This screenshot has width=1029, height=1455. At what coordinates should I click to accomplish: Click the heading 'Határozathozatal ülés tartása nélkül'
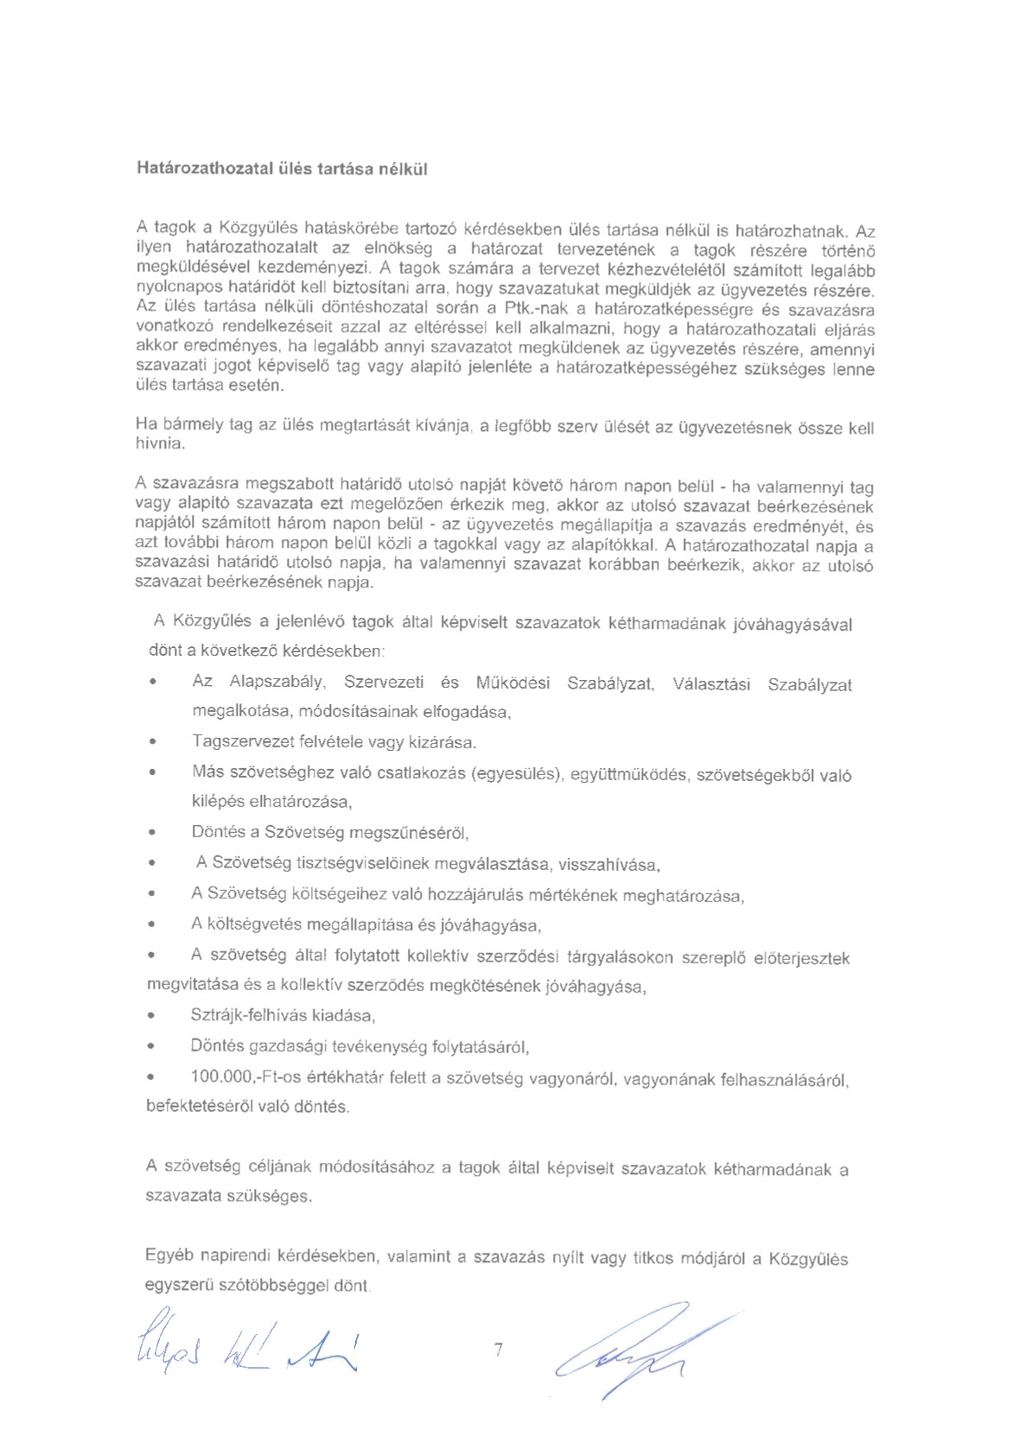pyautogui.click(x=282, y=168)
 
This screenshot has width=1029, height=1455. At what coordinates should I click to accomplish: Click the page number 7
pyautogui.click(x=499, y=1349)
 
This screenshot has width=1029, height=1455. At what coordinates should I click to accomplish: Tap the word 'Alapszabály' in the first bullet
pyautogui.click(x=277, y=682)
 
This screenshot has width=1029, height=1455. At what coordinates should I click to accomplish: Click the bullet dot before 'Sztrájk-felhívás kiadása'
pyautogui.click(x=152, y=1016)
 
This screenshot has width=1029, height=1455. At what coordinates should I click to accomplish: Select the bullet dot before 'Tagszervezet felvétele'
pyautogui.click(x=153, y=742)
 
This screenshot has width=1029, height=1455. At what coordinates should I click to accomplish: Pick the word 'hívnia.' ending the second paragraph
pyautogui.click(x=160, y=444)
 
